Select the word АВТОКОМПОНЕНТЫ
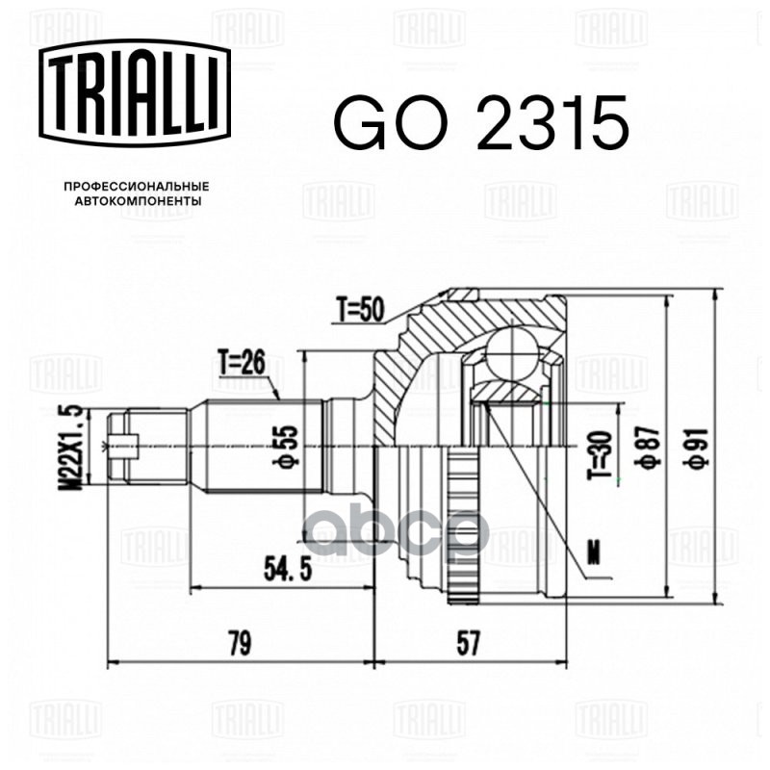coord(138,202)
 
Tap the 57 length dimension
coord(469,644)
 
